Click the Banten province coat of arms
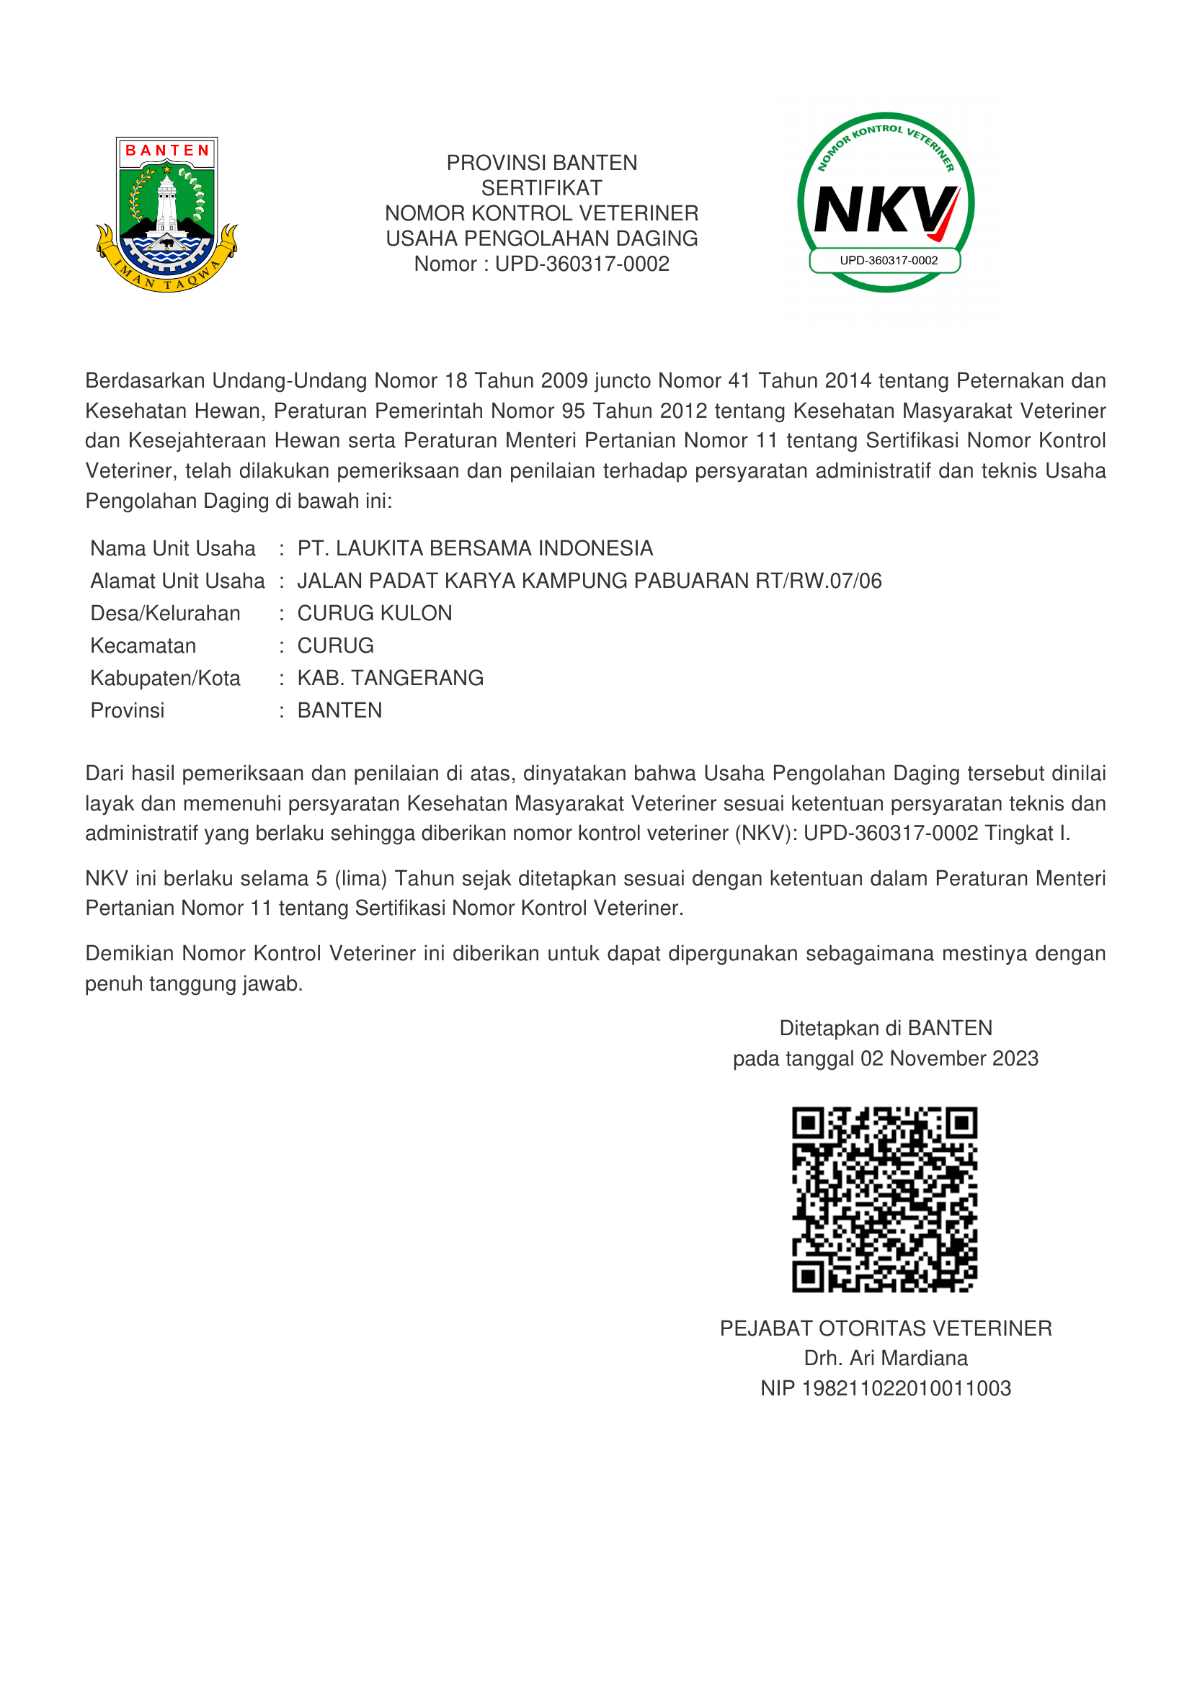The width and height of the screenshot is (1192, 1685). (166, 214)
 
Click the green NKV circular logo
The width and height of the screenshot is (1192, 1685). (885, 202)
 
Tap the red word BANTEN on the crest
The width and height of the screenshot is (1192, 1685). (167, 151)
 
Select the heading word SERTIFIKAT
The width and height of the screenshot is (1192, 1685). (542, 188)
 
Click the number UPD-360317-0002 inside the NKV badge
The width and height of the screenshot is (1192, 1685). (888, 261)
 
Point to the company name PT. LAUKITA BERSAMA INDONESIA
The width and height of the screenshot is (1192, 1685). (475, 548)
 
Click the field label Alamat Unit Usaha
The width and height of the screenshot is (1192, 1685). (177, 581)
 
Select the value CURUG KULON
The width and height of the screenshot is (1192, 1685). (374, 613)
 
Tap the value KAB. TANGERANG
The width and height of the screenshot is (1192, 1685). (390, 677)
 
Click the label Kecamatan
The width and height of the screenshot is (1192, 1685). (143, 645)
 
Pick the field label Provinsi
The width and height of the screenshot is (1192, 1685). (127, 710)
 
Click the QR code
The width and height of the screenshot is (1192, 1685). (884, 1200)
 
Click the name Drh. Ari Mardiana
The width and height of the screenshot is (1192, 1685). (885, 1358)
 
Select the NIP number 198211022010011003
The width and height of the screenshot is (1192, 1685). (907, 1387)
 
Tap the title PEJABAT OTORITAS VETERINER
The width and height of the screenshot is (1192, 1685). (885, 1328)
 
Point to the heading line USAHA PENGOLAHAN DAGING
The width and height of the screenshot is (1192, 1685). (542, 238)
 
